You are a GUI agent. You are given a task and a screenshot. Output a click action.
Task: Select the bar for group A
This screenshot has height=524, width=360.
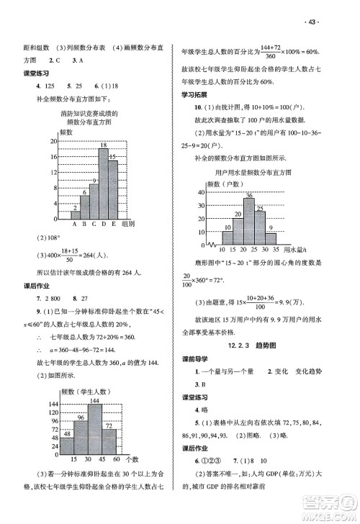point(74,214)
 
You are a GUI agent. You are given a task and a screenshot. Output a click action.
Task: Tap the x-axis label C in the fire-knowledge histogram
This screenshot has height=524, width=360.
point(94,223)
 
